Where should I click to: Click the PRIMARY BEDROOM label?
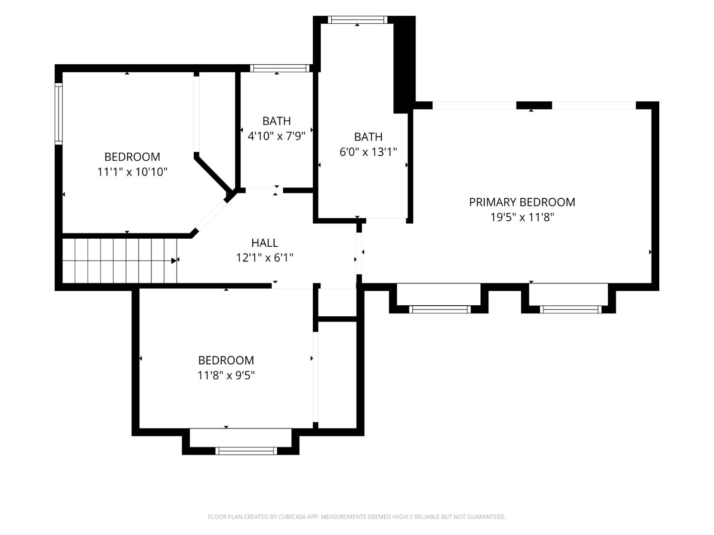[x=522, y=202]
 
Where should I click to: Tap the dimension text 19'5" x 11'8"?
[x=522, y=217]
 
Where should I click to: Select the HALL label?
[x=265, y=243]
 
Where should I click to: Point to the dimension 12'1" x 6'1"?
[x=265, y=258]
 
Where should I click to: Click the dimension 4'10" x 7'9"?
[x=277, y=136]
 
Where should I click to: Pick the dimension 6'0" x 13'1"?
[x=368, y=152]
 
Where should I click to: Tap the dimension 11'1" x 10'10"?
[x=132, y=172]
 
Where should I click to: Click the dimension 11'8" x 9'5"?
[x=226, y=375]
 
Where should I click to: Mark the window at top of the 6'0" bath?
[x=357, y=20]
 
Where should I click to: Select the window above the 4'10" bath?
[x=280, y=68]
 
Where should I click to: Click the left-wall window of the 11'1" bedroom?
[x=59, y=114]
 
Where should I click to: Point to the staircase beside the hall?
[x=119, y=261]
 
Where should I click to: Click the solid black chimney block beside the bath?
[x=404, y=64]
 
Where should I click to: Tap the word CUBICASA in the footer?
[x=292, y=516]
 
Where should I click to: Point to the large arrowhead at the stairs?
[x=174, y=261]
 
